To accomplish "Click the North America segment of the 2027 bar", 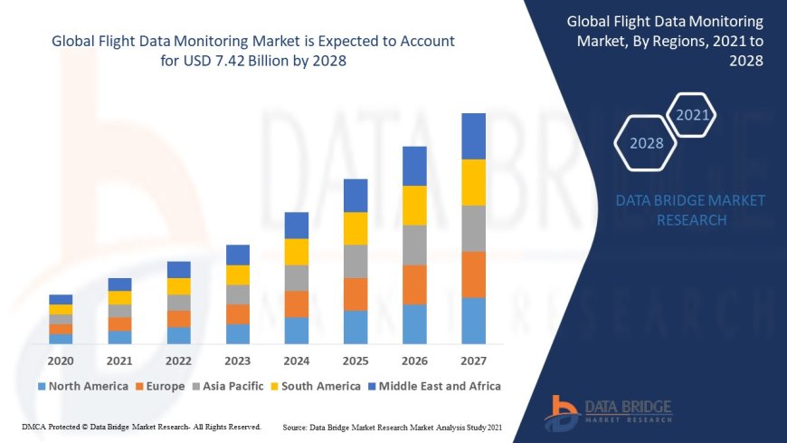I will coord(473,321).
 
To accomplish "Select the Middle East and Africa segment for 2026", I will coord(414,166).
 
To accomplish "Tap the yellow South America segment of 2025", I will coord(356,228).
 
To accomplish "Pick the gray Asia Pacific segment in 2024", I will coord(297,277).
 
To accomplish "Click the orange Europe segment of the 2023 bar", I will coord(238,313).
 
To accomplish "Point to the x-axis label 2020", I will coord(61,360).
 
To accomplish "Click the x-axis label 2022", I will coord(178,360).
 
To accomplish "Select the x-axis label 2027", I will coord(473,360).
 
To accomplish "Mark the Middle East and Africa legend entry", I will coord(434,386).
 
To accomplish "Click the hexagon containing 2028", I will coord(646,143).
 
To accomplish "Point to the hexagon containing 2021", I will coord(693,115).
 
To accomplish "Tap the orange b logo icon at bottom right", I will coord(561,413).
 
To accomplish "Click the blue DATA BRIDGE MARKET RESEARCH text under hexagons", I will coord(690,210).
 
